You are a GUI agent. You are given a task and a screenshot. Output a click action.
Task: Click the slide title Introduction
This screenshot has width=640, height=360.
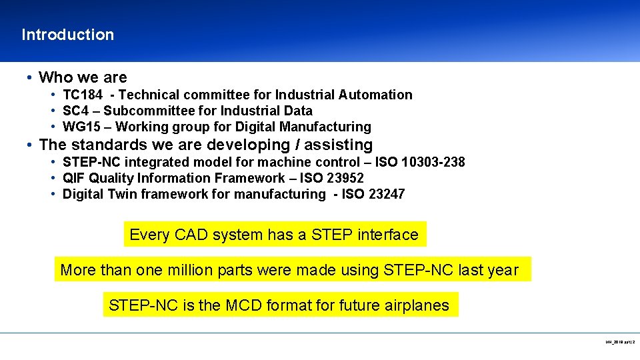coord(67,35)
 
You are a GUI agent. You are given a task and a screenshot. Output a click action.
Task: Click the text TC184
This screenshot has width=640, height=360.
coord(83,95)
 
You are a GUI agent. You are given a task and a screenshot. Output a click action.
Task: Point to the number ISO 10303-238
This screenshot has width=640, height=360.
coord(420,162)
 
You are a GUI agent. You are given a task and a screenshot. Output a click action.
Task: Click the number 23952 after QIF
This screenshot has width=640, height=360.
coord(345,178)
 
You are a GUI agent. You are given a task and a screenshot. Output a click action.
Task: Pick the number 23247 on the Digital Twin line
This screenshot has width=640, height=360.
coord(386,194)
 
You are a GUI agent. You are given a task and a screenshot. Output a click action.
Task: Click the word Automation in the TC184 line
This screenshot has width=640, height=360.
coord(378,95)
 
